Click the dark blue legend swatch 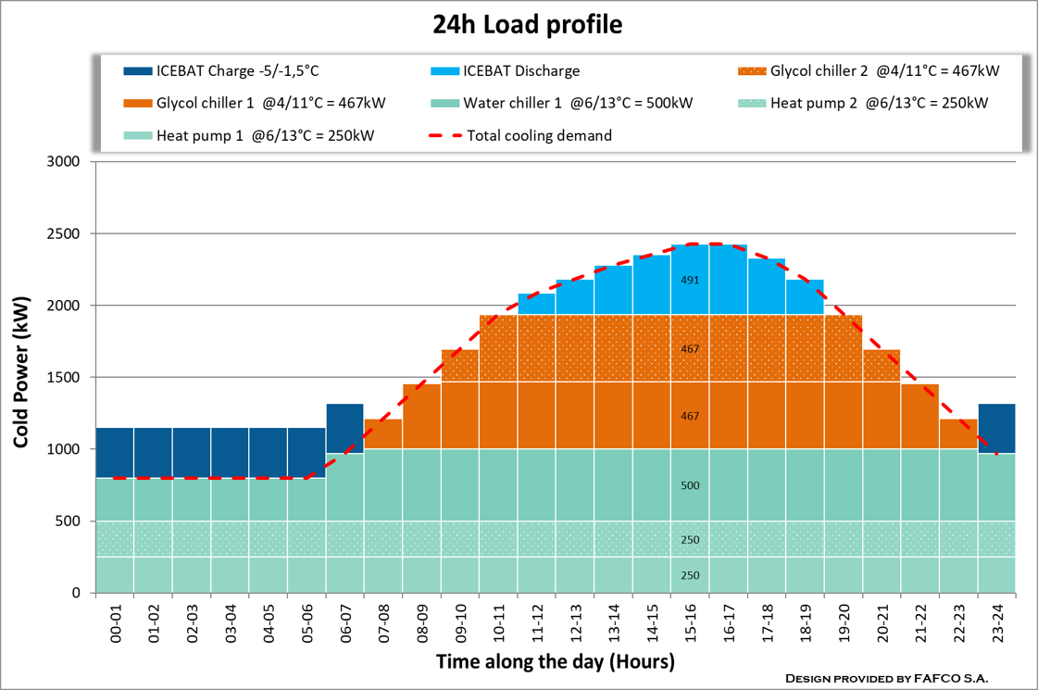click(138, 71)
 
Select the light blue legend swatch click(444, 71)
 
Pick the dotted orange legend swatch click(752, 71)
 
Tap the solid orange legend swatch click(138, 104)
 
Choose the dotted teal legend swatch click(752, 104)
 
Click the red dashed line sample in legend click(444, 136)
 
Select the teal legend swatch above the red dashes click(444, 104)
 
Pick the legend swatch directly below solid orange click(138, 135)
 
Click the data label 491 click(690, 281)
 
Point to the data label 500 click(690, 486)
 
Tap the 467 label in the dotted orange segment click(690, 350)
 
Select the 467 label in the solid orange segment click(690, 417)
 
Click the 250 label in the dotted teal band click(690, 541)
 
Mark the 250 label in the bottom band click(690, 576)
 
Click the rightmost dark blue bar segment click(996, 428)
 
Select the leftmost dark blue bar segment click(115, 452)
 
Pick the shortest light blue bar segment click(536, 303)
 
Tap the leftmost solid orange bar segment click(382, 433)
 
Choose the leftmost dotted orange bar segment click(459, 366)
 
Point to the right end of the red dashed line click(996, 453)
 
